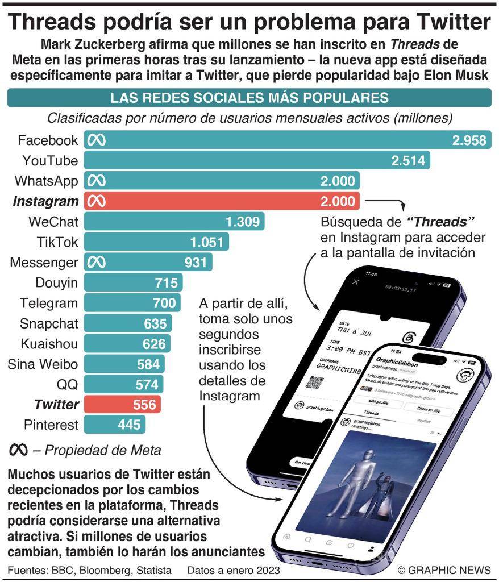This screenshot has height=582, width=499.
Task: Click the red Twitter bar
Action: point(122,405)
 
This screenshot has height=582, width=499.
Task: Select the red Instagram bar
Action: point(222,201)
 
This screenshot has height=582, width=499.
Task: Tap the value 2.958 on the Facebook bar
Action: point(470,140)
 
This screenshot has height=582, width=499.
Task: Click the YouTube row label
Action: point(49,161)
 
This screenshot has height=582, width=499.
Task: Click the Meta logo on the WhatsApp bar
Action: point(95,181)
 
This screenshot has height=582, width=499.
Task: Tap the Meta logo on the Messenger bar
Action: point(95,263)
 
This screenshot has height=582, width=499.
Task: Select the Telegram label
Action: point(48,303)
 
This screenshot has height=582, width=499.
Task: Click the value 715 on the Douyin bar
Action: point(166,283)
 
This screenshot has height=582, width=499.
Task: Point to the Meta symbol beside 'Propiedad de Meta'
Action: point(18,450)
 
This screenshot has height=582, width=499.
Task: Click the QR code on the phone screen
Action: point(314,381)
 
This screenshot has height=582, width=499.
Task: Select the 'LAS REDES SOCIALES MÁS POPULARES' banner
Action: point(250,97)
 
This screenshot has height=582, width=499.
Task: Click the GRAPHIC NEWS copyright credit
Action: point(444,570)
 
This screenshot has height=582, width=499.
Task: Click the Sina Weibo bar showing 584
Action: point(124,364)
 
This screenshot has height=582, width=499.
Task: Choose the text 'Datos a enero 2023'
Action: point(234,570)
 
